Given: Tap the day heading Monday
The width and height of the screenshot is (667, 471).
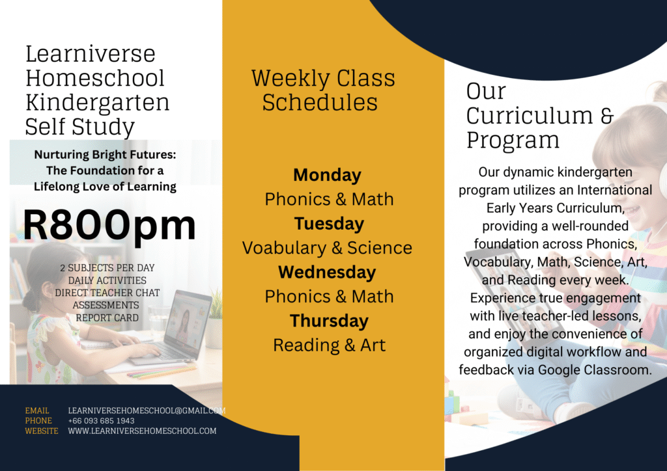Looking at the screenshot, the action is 327,176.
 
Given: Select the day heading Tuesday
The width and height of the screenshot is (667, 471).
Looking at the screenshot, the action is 329,224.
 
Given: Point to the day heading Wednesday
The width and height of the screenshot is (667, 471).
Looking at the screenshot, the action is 327,272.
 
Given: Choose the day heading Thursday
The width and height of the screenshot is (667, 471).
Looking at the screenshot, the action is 329,321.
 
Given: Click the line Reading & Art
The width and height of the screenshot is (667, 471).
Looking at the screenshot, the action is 329,345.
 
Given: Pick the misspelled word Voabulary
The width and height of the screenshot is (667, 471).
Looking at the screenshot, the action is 283,249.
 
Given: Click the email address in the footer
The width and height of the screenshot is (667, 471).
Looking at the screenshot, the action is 147,410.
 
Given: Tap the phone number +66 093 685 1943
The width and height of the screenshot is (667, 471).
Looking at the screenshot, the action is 101,421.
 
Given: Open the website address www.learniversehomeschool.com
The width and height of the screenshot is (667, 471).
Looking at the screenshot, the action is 142,431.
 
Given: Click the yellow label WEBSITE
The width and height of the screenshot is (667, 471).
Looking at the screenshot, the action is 42,431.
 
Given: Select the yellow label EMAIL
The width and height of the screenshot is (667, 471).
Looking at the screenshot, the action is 37,410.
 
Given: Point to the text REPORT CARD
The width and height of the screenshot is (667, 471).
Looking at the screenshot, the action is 107,317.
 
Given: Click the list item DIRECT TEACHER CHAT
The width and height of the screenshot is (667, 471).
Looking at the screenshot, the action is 107,293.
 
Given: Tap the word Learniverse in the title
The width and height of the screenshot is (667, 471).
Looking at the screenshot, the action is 90,54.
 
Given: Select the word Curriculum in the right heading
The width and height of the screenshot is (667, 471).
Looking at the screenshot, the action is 530,116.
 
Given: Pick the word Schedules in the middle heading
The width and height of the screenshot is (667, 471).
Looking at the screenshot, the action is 320,102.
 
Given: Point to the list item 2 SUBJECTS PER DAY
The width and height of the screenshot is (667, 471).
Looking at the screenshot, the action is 107,268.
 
